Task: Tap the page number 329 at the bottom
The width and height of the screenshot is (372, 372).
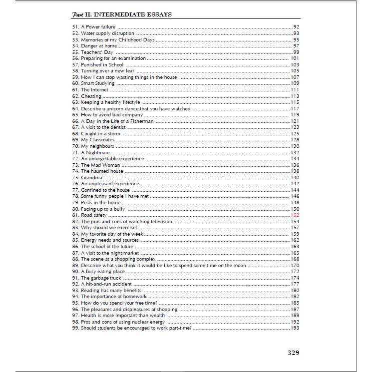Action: point(293,353)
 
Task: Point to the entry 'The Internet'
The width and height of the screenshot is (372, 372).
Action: point(94,89)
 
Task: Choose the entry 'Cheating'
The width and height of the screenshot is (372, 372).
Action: point(91,96)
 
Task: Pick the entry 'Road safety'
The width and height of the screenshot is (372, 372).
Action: point(94,215)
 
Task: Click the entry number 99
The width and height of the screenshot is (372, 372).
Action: point(75,328)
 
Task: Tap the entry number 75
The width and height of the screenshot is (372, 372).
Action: point(75,177)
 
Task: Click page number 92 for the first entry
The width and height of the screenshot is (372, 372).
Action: point(296,26)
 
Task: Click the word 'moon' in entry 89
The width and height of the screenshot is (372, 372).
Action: point(240,265)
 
